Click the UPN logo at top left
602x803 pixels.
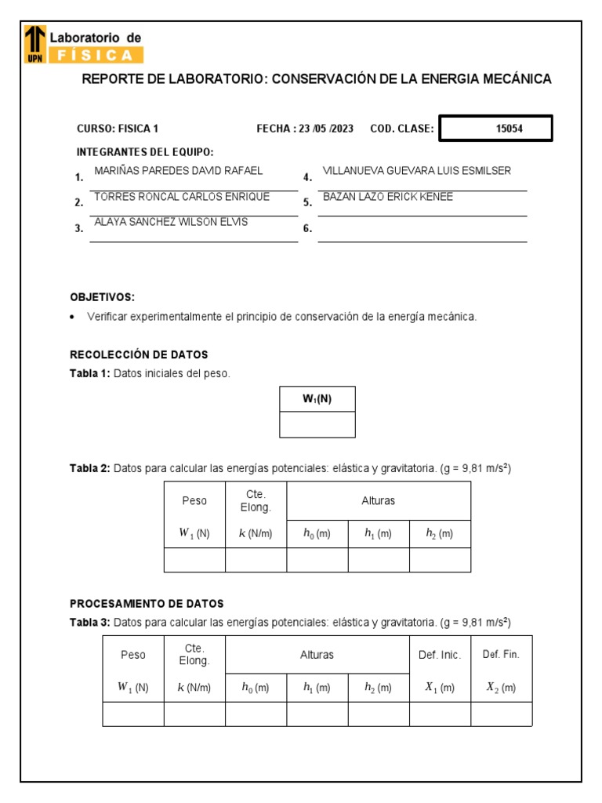pyautogui.click(x=34, y=44)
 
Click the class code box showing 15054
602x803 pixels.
pyautogui.click(x=495, y=129)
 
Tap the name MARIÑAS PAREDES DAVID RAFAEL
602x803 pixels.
pyautogui.click(x=178, y=170)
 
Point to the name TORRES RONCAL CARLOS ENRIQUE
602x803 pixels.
pyautogui.click(x=181, y=197)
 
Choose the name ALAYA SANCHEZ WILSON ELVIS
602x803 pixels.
pyautogui.click(x=170, y=222)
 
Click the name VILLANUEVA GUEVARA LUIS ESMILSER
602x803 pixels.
pyautogui.click(x=416, y=170)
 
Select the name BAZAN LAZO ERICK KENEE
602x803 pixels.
pyautogui.click(x=387, y=197)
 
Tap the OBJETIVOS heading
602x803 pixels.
pyautogui.click(x=103, y=297)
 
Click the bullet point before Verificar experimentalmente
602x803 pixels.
pyautogui.click(x=73, y=317)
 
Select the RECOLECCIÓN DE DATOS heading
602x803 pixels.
pyautogui.click(x=139, y=354)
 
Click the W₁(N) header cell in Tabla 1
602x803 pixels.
pyautogui.click(x=317, y=398)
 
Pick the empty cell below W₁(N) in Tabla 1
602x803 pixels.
pyautogui.click(x=317, y=424)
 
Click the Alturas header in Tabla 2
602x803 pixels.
pyautogui.click(x=379, y=500)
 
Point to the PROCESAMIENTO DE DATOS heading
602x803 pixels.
pyautogui.click(x=147, y=604)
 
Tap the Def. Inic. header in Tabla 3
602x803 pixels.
pyautogui.click(x=440, y=655)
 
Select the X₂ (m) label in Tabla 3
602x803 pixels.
pyautogui.click(x=501, y=688)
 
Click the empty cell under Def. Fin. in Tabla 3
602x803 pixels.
pyautogui.click(x=501, y=714)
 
